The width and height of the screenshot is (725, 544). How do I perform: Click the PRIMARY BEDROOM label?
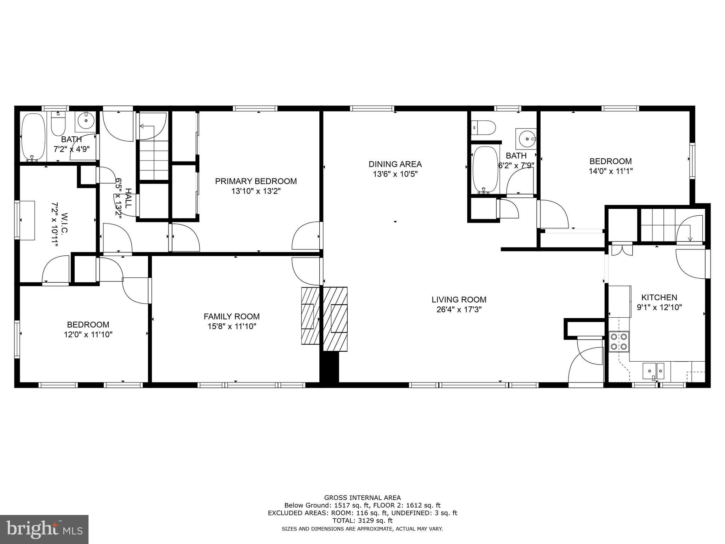[256, 181]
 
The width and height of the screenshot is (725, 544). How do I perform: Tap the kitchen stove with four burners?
[619, 341]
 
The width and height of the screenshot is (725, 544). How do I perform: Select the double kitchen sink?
[653, 371]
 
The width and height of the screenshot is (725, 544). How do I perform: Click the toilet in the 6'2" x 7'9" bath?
[484, 127]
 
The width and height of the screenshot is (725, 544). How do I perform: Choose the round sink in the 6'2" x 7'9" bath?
[526, 139]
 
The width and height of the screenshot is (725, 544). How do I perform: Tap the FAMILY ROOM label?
[232, 317]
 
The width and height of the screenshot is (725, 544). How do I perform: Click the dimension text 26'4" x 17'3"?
[459, 310]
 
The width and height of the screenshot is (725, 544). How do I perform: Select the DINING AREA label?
[395, 164]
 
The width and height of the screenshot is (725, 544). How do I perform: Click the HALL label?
[128, 198]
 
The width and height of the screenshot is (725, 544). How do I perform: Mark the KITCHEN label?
[659, 297]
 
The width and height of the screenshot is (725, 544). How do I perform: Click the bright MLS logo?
[44, 529]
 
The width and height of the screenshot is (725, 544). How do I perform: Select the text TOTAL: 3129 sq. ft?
[362, 520]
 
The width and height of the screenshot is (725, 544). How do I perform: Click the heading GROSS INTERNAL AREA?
[362, 498]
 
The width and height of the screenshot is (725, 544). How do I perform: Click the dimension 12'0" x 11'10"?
[88, 334]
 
